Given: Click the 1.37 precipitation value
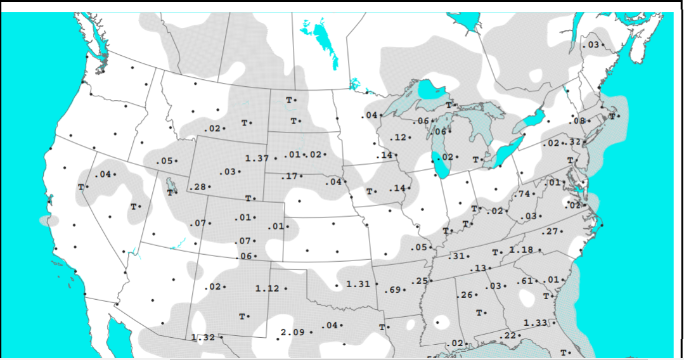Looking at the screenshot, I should (257, 158).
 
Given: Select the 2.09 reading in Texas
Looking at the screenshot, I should (292, 333).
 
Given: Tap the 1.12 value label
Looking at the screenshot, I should (267, 289).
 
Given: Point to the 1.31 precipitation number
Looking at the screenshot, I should (358, 285).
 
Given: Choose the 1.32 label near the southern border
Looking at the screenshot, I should (203, 338).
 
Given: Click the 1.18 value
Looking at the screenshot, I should (521, 250).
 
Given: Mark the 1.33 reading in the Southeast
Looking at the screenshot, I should (535, 323).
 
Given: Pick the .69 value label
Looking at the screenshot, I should (393, 290).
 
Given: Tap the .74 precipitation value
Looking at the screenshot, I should (524, 194).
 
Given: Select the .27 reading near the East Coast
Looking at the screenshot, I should (550, 232).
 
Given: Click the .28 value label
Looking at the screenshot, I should (198, 187).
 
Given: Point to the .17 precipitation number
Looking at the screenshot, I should (289, 176).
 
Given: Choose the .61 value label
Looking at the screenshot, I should (525, 281).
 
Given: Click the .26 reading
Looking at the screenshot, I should (465, 295).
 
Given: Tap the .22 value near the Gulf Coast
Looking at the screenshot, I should (508, 336).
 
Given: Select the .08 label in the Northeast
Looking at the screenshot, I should (578, 121).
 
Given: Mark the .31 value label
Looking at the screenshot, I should (457, 256).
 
